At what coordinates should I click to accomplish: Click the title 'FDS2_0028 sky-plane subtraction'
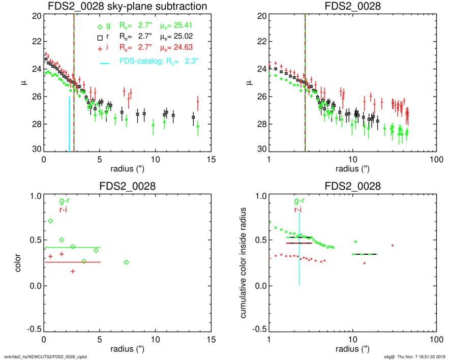128,7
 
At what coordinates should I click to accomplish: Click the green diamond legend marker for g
101,25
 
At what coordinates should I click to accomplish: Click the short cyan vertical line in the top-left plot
69,124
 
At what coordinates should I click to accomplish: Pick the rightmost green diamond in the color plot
126,262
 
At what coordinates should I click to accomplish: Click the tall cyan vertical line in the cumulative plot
299,249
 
